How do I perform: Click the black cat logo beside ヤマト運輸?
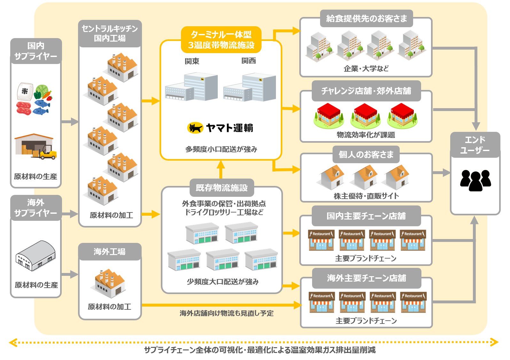click(x=195, y=128)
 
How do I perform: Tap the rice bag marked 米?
click(x=25, y=92)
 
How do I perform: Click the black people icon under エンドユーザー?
click(x=475, y=180)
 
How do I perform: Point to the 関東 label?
click(x=192, y=61)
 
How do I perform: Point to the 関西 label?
click(x=249, y=60)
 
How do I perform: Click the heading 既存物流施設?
click(x=222, y=188)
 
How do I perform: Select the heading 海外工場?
click(x=109, y=252)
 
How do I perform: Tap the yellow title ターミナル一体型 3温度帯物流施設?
click(x=221, y=40)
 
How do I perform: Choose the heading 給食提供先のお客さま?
click(x=366, y=19)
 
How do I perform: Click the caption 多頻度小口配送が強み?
click(x=221, y=149)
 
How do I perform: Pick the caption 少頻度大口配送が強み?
click(x=223, y=282)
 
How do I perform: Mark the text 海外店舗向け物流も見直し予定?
click(x=226, y=313)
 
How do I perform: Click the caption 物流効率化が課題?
click(x=366, y=135)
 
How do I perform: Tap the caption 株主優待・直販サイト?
click(x=366, y=196)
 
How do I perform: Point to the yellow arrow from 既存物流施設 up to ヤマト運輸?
click(x=221, y=170)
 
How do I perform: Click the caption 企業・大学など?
click(x=366, y=68)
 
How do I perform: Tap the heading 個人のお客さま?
click(x=366, y=155)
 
